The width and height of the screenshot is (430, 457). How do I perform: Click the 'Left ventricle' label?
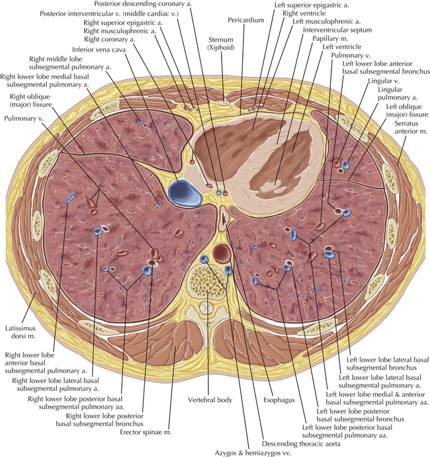click(341, 48)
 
